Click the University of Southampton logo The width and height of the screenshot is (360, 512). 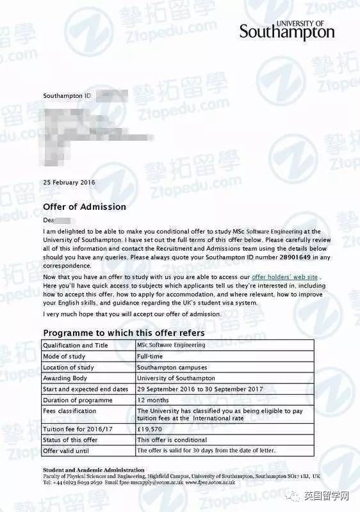click(286, 30)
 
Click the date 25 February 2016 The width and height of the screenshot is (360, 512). click(69, 182)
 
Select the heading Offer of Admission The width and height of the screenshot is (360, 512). click(85, 207)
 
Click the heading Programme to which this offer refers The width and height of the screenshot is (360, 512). click(124, 333)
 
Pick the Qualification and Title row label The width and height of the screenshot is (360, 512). click(76, 345)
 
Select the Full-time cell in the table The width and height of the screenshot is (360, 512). click(150, 356)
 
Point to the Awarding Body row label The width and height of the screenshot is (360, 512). click(67, 378)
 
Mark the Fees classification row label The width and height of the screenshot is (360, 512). click(70, 411)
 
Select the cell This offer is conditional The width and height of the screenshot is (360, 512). click(172, 440)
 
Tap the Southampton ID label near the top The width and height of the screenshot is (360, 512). click(67, 95)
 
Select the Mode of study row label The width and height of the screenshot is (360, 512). click(64, 356)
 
